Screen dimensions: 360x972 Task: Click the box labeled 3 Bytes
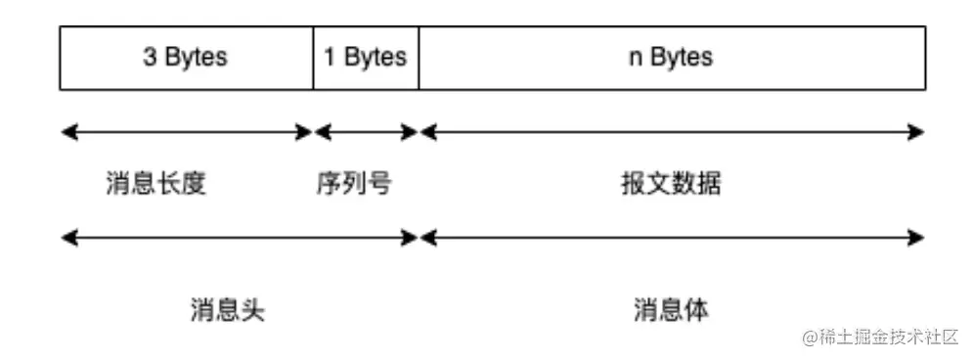pyautogui.click(x=186, y=58)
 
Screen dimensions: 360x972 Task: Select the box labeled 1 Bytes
pyautogui.click(x=366, y=58)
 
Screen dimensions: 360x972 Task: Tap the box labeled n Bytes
pyautogui.click(x=671, y=58)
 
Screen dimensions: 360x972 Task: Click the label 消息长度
pyautogui.click(x=156, y=183)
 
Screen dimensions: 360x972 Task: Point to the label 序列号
pyautogui.click(x=353, y=183)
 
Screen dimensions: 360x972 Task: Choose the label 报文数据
pyautogui.click(x=671, y=183)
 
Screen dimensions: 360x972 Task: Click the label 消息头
pyautogui.click(x=227, y=310)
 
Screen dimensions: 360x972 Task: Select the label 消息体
pyautogui.click(x=671, y=310)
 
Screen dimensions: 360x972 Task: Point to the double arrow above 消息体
pyautogui.click(x=671, y=237)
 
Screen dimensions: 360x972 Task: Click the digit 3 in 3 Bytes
pyautogui.click(x=150, y=58)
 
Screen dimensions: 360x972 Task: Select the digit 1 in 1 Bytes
pyautogui.click(x=330, y=58)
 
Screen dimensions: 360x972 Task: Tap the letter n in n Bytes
pyautogui.click(x=634, y=58)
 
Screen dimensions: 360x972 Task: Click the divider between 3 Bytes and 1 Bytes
pyautogui.click(x=314, y=58)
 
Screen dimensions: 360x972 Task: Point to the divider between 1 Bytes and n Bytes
pyautogui.click(x=419, y=58)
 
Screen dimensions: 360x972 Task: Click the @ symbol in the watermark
pyautogui.click(x=810, y=337)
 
